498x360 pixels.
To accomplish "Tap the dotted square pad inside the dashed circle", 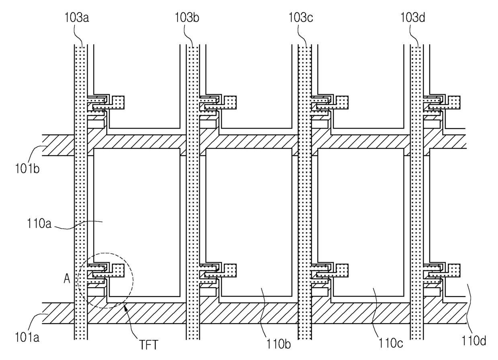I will (118, 270).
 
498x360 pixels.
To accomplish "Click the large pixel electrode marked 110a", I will (137, 201).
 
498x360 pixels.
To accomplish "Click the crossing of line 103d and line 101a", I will (416, 313).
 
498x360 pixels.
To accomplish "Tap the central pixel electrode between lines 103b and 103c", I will (249, 209).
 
